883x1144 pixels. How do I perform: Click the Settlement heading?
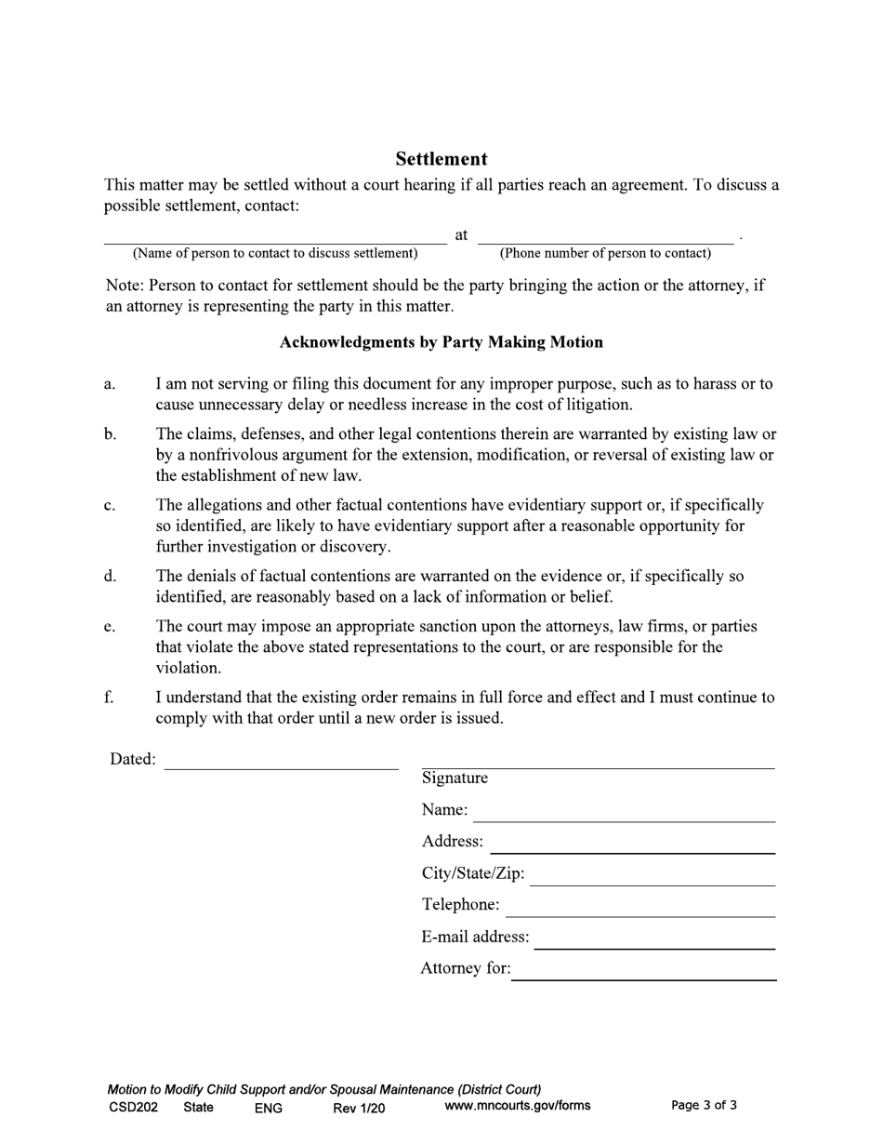click(x=441, y=159)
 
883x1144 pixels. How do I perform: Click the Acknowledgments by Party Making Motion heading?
click(x=441, y=342)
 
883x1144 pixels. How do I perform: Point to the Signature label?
click(x=455, y=778)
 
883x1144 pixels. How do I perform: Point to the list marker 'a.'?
click(x=110, y=384)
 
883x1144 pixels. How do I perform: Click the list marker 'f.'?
click(x=109, y=698)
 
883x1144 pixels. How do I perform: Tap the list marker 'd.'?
click(x=110, y=577)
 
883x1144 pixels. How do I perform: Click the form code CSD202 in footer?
click(x=133, y=1107)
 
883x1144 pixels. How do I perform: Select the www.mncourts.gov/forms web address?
click(x=518, y=1106)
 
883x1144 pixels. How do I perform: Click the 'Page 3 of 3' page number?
click(x=704, y=1106)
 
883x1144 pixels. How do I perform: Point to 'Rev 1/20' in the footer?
click(x=359, y=1107)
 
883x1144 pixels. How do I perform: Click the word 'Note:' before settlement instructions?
click(x=125, y=286)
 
